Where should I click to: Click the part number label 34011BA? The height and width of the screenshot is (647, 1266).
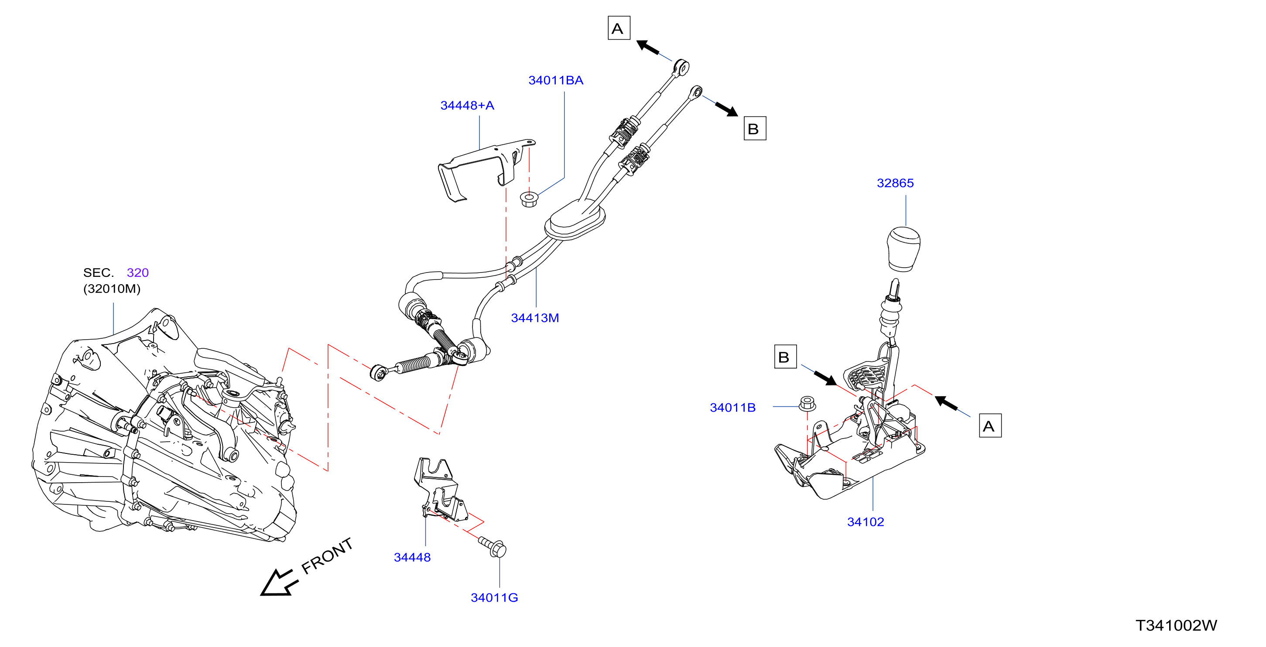pos(555,80)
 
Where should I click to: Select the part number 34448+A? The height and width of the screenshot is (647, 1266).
pos(467,105)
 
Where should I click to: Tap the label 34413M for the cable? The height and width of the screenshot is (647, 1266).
pos(535,318)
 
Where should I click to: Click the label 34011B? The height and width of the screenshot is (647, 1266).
pos(732,407)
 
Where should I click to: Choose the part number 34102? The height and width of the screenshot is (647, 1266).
pos(865,522)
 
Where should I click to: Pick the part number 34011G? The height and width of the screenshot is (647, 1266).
pos(494,597)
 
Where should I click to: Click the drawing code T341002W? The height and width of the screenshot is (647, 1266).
pos(1176,625)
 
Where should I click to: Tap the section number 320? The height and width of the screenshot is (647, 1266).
pos(137,272)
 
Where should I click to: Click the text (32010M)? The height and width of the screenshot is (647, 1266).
pos(112,288)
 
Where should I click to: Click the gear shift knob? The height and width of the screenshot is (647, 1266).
pos(903,249)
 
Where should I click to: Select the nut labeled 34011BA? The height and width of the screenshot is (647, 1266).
pos(529,199)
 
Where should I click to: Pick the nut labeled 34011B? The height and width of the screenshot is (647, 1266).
pos(808,403)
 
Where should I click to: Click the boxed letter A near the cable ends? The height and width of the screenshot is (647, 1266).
pos(619,28)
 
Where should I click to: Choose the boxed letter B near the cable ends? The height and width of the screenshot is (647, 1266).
pos(754,128)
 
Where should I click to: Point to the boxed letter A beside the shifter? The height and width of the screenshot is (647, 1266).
pos(990,426)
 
